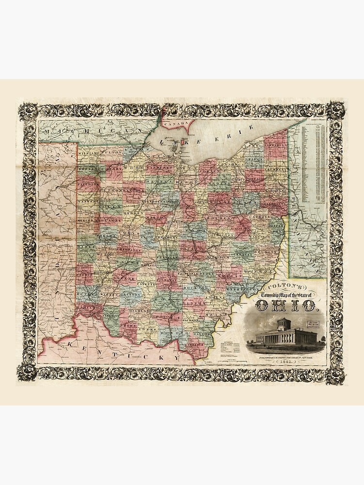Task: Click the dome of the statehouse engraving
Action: tap(283, 323)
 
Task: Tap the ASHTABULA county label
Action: tap(275, 144)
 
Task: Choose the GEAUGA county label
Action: tap(253, 159)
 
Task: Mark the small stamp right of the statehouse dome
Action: tap(312, 324)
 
